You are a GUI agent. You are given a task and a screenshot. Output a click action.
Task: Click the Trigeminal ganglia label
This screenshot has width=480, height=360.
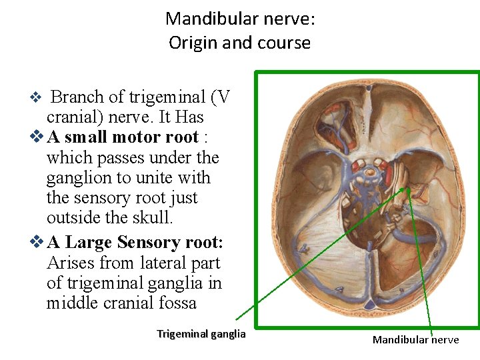(x=201, y=334)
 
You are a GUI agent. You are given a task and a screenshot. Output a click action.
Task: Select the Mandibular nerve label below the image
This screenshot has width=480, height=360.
(x=415, y=340)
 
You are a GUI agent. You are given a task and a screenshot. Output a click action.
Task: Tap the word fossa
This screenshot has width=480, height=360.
(x=177, y=303)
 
